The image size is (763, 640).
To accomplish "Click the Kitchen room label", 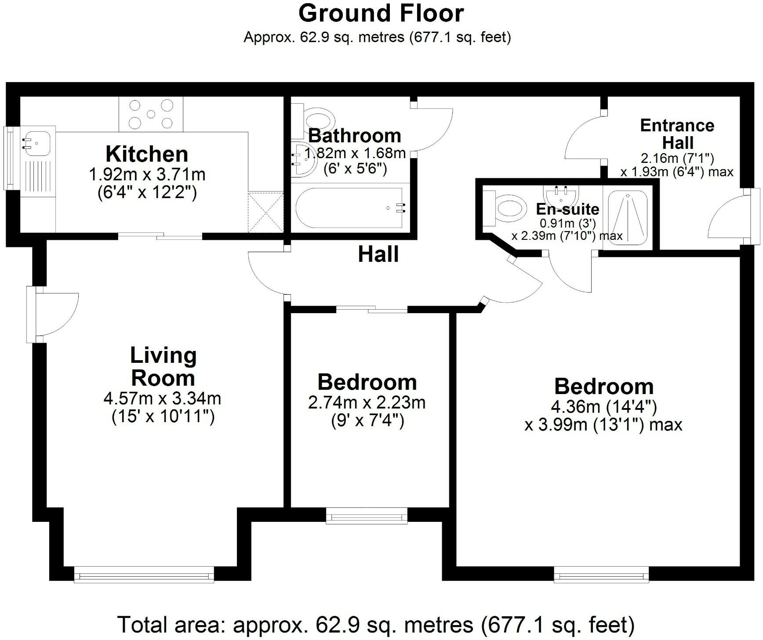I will pyautogui.click(x=147, y=154).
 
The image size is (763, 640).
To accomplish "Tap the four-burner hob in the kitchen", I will pyautogui.click(x=151, y=114).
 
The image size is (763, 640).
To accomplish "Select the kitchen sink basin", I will pyautogui.click(x=37, y=143).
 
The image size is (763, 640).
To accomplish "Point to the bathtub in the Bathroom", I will pyautogui.click(x=349, y=208).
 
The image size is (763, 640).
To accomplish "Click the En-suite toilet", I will pyautogui.click(x=508, y=207).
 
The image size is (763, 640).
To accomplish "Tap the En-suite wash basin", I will pyautogui.click(x=562, y=193).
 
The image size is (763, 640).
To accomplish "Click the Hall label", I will pyautogui.click(x=378, y=255).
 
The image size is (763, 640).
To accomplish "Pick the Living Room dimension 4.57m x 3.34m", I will pyautogui.click(x=162, y=399).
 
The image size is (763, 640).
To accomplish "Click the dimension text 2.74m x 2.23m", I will pyautogui.click(x=367, y=403).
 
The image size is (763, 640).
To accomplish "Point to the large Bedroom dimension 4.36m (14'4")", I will pyautogui.click(x=603, y=407).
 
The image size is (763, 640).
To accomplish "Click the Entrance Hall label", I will pyautogui.click(x=677, y=134).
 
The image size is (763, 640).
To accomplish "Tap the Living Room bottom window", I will pyautogui.click(x=144, y=575).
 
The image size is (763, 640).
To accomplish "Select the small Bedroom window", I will pyautogui.click(x=367, y=516).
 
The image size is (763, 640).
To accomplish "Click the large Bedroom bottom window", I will pyautogui.click(x=601, y=575).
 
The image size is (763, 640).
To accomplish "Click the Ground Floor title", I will pyautogui.click(x=381, y=13).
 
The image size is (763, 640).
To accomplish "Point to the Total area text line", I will pyautogui.click(x=376, y=624).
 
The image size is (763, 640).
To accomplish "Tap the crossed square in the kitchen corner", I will pyautogui.click(x=265, y=212).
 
